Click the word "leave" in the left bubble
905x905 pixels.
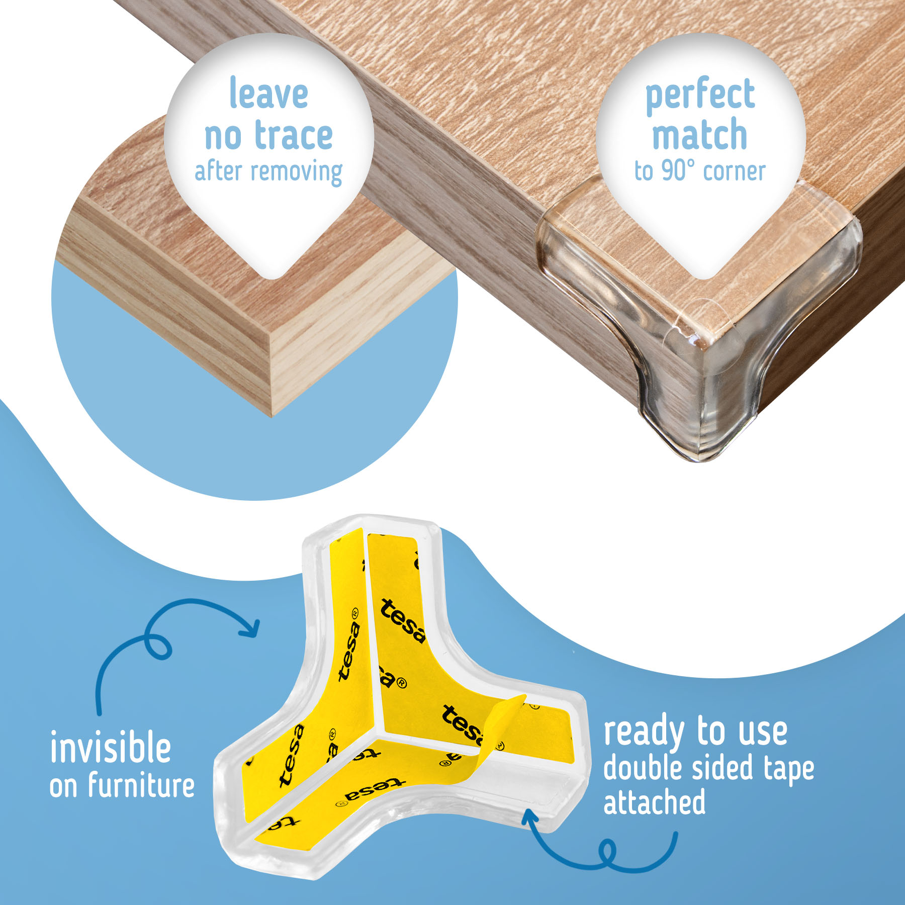[x=268, y=93]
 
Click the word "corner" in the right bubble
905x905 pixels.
[x=735, y=171]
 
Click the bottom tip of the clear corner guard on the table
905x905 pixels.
[x=701, y=461]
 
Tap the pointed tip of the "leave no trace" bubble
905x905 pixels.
[x=271, y=278]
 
